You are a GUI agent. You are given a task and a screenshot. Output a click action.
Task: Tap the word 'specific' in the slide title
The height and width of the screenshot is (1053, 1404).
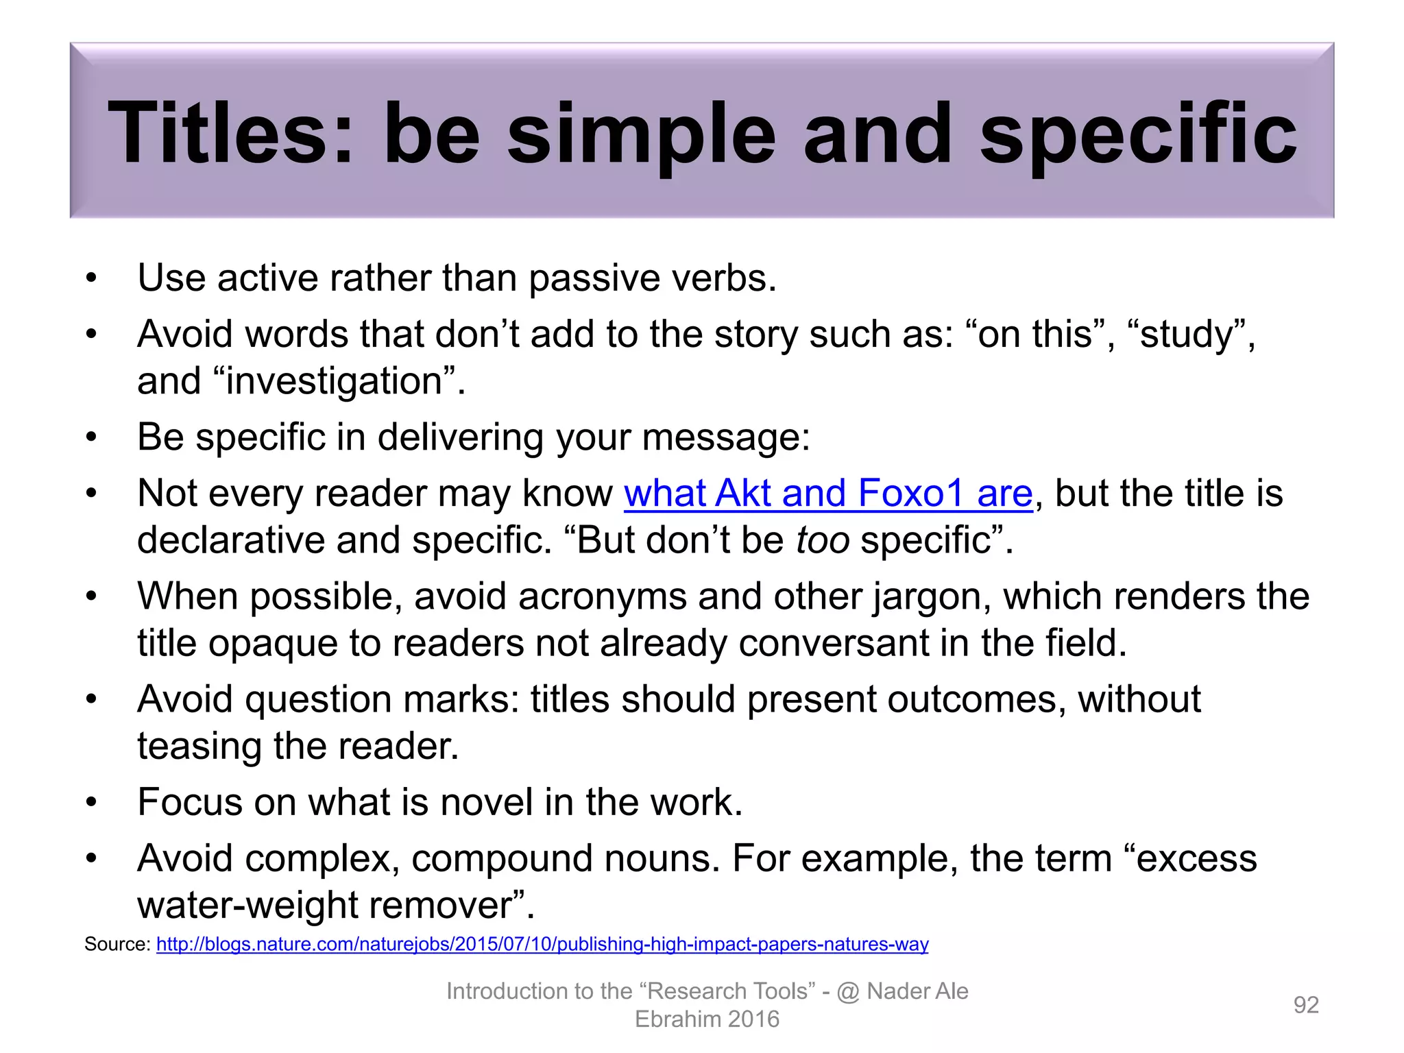[1138, 134]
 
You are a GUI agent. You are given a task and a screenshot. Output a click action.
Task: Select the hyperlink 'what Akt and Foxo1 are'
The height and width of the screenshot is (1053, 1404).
[827, 494]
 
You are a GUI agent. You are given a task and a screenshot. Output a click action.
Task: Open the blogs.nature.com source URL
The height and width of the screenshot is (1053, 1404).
[542, 944]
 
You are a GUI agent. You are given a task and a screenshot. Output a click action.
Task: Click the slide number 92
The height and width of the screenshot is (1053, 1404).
[1305, 1004]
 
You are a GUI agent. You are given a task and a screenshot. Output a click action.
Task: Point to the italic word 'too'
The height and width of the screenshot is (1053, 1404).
[822, 540]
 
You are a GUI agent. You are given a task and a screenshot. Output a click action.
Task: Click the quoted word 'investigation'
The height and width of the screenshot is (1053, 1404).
[335, 381]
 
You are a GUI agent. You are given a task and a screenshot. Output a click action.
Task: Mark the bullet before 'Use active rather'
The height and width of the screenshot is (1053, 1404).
[91, 278]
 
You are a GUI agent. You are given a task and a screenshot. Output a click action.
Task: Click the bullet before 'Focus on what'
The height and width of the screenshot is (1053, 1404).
[91, 803]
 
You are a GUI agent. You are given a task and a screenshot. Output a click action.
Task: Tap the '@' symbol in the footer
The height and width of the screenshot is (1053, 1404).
[848, 992]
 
